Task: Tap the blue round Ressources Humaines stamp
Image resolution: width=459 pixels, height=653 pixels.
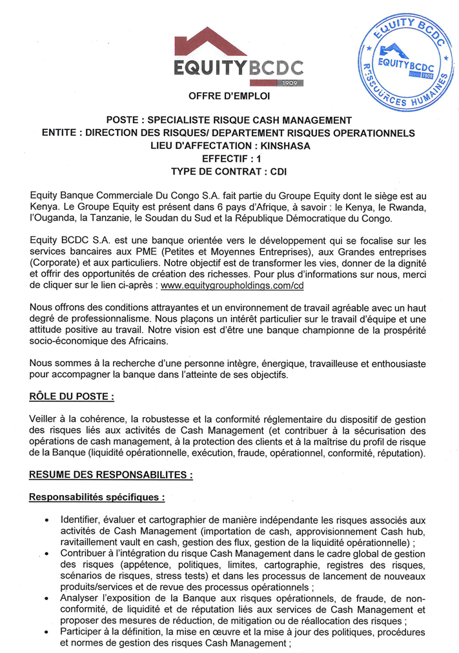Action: point(405,63)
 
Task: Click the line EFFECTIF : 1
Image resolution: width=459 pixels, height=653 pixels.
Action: point(229,159)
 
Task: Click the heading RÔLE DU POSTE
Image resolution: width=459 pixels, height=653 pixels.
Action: point(72,395)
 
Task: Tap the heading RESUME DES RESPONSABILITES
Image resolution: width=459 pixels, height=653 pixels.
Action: point(111,474)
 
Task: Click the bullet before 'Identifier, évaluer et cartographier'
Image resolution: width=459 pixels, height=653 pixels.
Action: point(47,520)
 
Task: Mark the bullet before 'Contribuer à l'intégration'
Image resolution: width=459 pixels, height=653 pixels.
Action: point(47,554)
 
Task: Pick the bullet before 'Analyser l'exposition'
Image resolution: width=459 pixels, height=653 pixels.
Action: point(47,598)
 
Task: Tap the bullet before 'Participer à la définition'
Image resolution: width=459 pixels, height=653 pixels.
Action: point(47,632)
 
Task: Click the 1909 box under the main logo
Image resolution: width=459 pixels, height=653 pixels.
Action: point(291,83)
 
